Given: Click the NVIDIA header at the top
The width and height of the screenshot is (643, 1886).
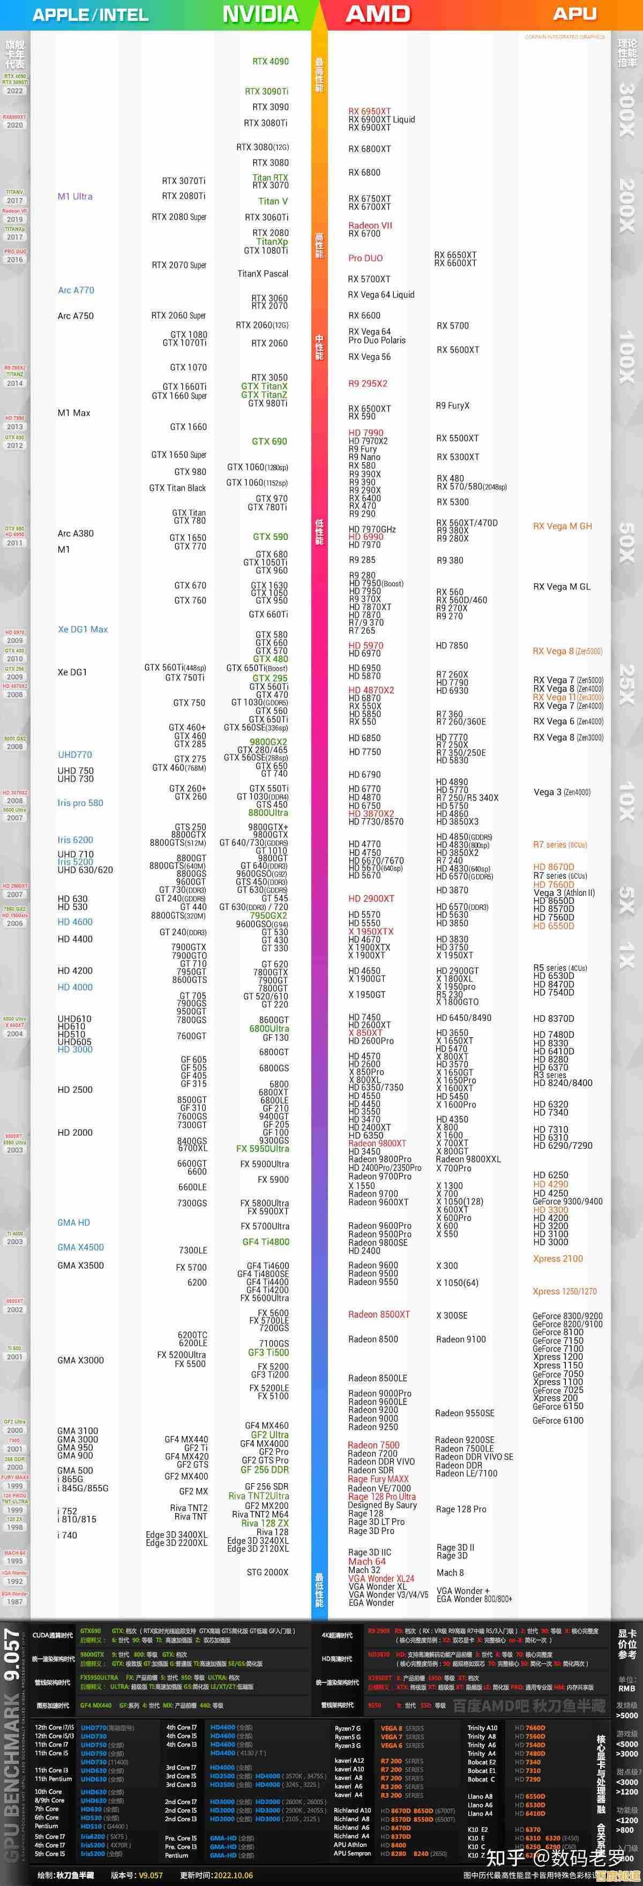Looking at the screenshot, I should click(260, 14).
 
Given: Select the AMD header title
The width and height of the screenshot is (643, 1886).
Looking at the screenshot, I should click(377, 14).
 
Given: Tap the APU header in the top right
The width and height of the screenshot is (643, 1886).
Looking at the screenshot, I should click(574, 14).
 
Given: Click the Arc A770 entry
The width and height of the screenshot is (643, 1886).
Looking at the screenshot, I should click(76, 290).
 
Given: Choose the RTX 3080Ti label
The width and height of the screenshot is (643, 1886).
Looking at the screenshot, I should click(265, 123).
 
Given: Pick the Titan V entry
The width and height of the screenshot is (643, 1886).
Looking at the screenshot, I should click(272, 201).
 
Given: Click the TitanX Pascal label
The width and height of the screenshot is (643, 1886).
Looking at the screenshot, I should click(262, 274).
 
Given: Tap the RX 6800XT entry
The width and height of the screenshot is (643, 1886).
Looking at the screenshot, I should click(369, 148).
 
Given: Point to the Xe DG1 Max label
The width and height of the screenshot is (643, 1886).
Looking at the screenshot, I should click(83, 629).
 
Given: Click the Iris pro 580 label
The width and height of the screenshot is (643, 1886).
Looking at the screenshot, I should click(80, 803).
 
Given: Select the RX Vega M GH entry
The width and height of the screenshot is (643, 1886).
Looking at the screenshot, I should click(562, 526).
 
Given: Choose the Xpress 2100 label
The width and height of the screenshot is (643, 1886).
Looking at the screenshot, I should click(557, 1259).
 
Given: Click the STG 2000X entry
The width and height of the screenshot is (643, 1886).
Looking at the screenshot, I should click(267, 1572).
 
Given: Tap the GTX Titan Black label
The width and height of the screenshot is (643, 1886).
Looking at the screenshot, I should click(177, 488).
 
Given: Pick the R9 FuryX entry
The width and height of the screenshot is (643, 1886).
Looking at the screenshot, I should click(453, 406).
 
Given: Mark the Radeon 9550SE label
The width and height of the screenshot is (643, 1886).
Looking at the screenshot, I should click(465, 1413).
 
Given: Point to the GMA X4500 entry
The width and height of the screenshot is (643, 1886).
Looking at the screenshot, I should click(80, 1247).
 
